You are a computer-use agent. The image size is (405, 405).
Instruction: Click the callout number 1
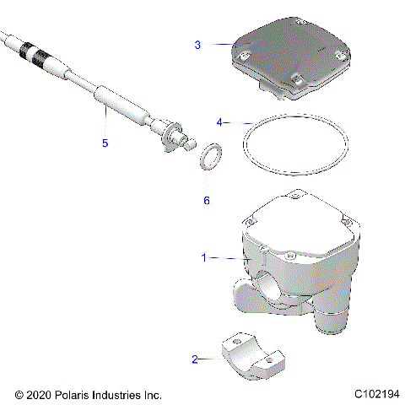tap(202, 257)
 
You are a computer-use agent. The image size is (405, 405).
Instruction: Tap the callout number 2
tap(195, 359)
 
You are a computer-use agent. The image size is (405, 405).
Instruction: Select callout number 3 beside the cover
tap(197, 44)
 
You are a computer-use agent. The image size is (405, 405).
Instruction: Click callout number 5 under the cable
tap(105, 143)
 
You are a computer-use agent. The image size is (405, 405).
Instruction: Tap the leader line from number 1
tap(224, 257)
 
